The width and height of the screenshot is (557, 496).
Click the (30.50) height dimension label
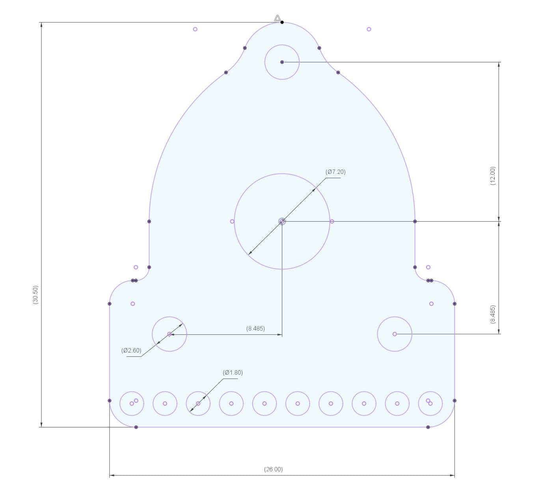(x=36, y=295)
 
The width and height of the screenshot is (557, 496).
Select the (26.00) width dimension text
(x=273, y=469)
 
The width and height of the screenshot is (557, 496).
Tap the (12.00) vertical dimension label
(x=493, y=176)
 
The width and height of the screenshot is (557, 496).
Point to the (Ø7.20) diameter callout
(x=335, y=172)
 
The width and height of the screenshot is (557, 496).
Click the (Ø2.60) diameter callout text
(x=131, y=350)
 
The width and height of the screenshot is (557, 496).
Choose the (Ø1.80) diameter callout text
(x=233, y=372)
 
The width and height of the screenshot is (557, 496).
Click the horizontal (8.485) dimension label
(x=255, y=328)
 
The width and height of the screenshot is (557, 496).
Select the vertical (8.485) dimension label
(x=493, y=314)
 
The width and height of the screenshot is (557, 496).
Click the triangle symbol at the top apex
(x=278, y=18)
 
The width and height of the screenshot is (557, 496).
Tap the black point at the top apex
(x=282, y=22)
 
